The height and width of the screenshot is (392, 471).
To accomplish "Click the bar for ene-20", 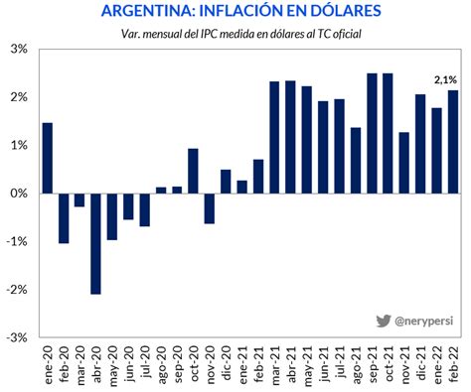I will pyautogui.click(x=48, y=158).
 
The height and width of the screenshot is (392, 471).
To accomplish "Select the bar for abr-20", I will pyautogui.click(x=95, y=243).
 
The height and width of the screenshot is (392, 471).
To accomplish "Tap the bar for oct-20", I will pyautogui.click(x=193, y=171).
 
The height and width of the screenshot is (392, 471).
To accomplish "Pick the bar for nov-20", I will pyautogui.click(x=209, y=208).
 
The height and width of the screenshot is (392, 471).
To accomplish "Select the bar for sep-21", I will pyautogui.click(x=372, y=133).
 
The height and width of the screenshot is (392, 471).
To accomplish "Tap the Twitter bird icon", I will pyautogui.click(x=383, y=321).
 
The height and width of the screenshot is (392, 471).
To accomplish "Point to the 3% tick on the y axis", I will pyautogui.click(x=19, y=49).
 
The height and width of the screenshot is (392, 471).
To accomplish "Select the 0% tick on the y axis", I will pyautogui.click(x=19, y=194).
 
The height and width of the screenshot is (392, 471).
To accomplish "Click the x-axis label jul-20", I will pyautogui.click(x=145, y=361).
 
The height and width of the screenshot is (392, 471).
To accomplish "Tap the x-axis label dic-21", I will pyautogui.click(x=420, y=361).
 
